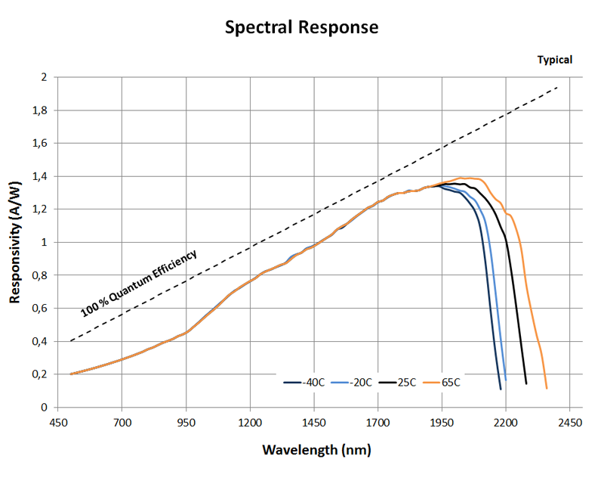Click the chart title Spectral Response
pos(302,28)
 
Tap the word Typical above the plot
pos(554,60)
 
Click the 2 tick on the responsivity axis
pos(45,77)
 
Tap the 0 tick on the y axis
pos(45,408)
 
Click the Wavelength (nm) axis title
pos(316,450)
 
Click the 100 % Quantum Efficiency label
pos(138,283)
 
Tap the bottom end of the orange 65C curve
pos(546,388)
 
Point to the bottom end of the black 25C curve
pos(526,383)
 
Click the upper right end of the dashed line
pos(557,87)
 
